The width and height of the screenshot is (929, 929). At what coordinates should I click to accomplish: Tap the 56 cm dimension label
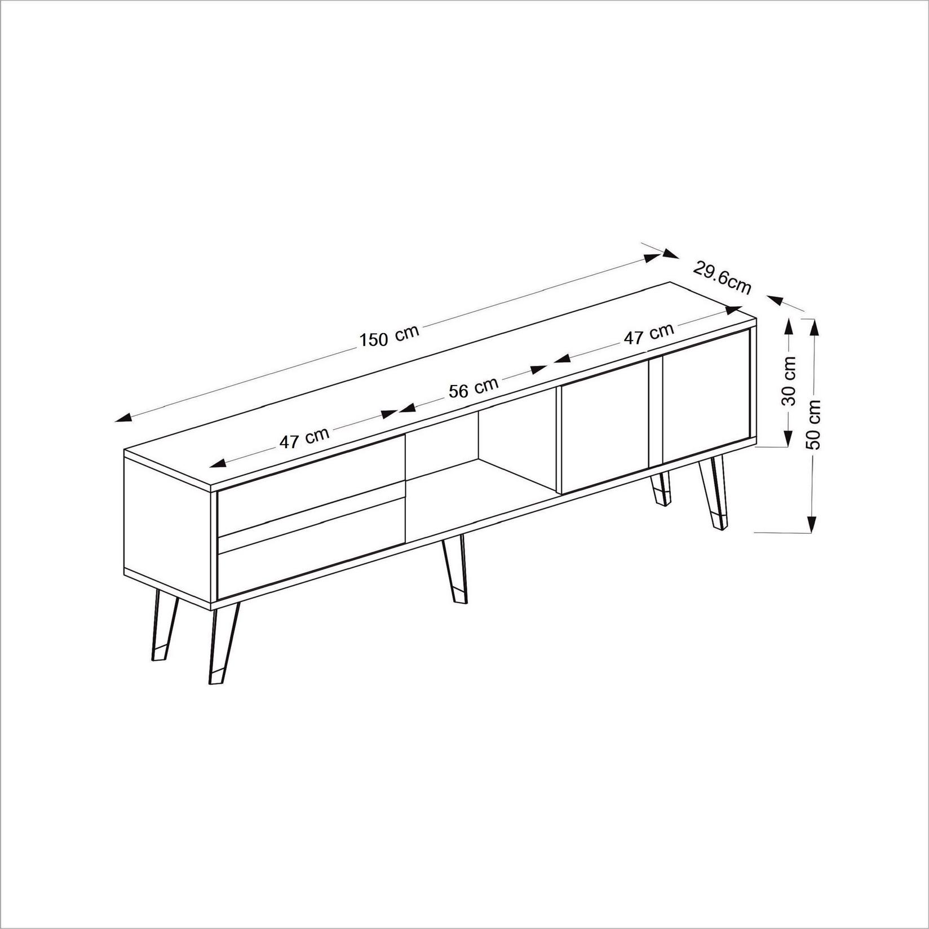click(474, 388)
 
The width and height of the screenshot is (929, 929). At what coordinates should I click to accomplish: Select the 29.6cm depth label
click(722, 277)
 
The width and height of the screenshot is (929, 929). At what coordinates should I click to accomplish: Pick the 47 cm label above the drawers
click(304, 438)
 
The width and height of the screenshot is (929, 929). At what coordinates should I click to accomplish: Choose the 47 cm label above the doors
click(649, 334)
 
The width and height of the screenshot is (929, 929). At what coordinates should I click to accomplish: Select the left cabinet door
click(603, 428)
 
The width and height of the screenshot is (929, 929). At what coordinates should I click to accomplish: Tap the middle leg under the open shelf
click(454, 569)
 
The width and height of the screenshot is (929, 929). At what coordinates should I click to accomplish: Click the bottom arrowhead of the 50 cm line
click(811, 525)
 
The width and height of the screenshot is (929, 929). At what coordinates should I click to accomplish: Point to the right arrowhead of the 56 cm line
click(538, 370)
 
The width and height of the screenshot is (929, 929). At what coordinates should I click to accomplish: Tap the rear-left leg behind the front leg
click(163, 626)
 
